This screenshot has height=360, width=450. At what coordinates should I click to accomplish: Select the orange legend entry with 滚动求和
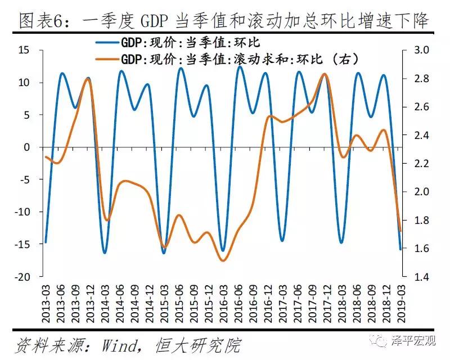coord(239,59)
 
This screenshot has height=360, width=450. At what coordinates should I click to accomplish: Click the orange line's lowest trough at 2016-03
coord(223,260)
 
